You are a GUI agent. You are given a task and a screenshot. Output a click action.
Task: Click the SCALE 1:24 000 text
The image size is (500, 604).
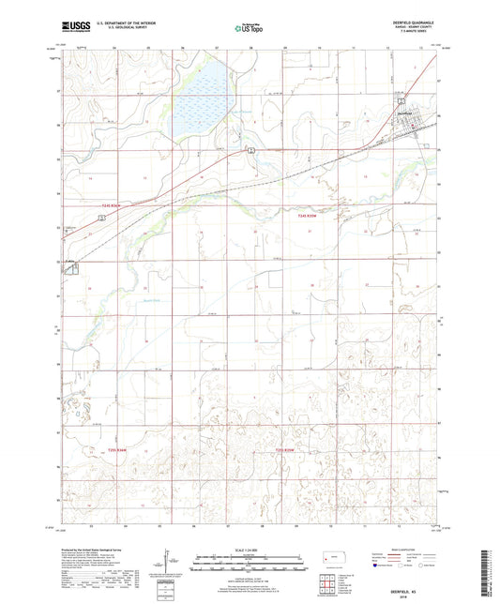(249, 549)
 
